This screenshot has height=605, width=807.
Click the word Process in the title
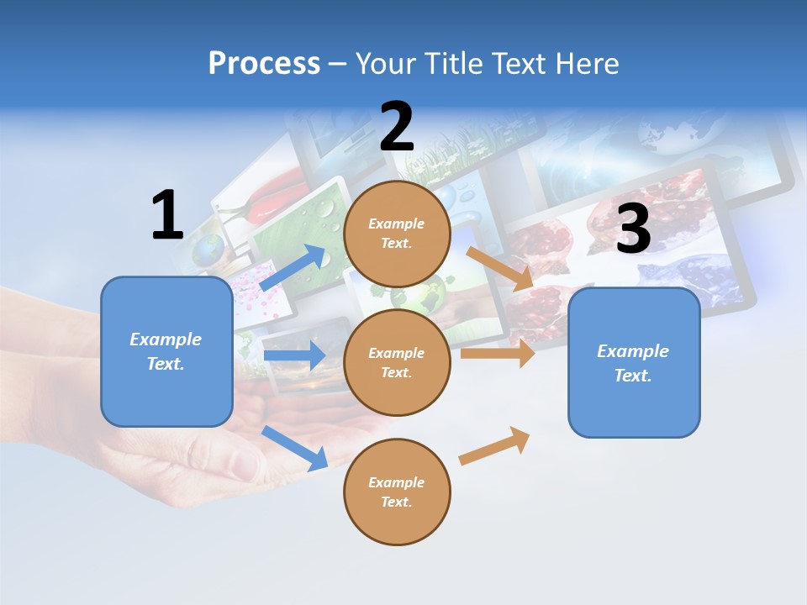point(264,64)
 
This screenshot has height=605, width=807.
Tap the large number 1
point(167,216)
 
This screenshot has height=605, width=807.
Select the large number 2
point(397,127)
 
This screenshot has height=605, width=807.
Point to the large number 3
point(633,229)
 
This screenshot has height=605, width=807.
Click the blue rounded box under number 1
point(166,351)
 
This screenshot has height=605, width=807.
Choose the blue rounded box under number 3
point(634,362)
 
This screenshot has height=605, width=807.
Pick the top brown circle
point(397,234)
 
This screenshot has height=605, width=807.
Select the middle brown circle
point(397,362)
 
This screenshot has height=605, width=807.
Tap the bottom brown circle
point(397,492)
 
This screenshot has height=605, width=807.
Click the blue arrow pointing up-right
point(293,269)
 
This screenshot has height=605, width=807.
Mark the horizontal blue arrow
point(294,355)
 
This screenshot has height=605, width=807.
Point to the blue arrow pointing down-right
point(295,448)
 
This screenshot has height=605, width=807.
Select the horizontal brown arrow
point(498,353)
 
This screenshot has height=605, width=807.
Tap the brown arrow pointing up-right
point(495,445)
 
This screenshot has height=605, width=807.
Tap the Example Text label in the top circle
point(397,234)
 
